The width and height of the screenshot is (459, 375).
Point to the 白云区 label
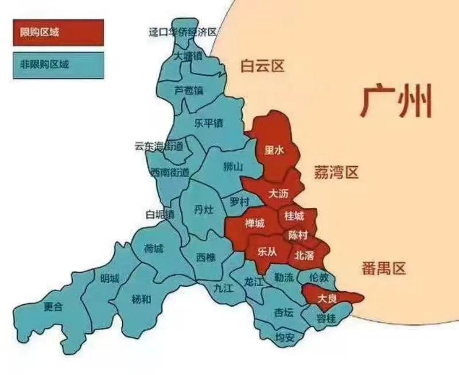(263, 67)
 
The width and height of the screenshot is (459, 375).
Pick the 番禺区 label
(384, 268)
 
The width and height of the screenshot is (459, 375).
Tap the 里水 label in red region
(274, 150)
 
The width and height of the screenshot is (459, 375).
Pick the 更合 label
(53, 307)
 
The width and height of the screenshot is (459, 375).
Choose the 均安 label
(285, 337)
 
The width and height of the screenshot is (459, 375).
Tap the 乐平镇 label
(208, 123)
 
